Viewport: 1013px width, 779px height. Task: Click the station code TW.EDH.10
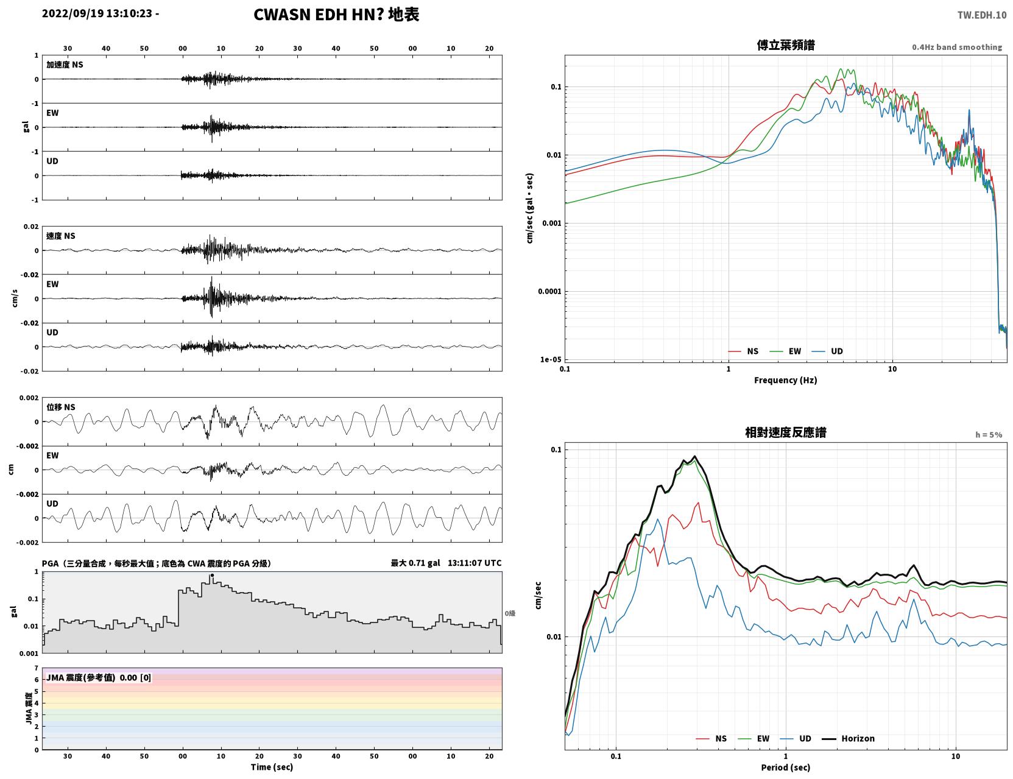982,15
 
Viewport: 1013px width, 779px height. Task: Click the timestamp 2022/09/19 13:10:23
97,13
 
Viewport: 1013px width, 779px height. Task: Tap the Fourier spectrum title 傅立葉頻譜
785,45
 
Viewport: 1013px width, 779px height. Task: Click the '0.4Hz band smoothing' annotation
956,47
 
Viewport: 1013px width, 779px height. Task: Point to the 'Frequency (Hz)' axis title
785,380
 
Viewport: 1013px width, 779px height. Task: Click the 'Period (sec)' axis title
785,767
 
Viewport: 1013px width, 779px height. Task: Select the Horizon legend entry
848,738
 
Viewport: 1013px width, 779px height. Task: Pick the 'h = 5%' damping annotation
988,435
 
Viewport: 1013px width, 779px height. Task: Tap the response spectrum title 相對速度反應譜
785,432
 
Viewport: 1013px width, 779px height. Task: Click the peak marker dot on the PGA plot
212,576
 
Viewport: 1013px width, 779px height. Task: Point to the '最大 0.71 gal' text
415,563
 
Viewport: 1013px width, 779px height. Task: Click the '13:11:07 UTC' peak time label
475,563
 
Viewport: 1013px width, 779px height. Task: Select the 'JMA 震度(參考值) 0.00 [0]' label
98,677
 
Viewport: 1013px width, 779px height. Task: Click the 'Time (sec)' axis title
272,767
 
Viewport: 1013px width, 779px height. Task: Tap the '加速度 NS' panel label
65,65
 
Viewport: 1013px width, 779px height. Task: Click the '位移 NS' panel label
60,407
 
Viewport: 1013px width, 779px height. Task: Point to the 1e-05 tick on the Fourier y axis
551,359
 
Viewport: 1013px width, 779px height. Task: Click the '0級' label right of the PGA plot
510,613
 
